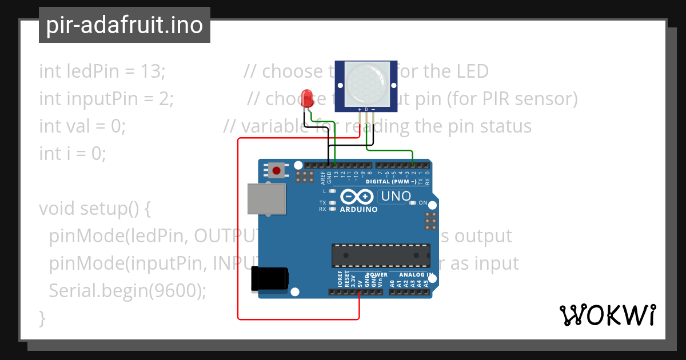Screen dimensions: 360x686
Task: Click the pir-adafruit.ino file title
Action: [124, 25]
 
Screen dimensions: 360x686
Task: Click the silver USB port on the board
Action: [266, 199]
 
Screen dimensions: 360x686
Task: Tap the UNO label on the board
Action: [396, 197]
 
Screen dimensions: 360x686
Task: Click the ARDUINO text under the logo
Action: [358, 210]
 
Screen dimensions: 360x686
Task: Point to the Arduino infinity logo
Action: [356, 197]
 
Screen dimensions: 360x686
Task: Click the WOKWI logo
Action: [608, 315]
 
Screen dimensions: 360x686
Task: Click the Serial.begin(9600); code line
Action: [127, 291]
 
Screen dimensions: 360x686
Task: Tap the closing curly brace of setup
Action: [42, 318]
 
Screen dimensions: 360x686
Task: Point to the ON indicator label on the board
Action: [423, 203]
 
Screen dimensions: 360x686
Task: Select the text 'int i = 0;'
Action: [73, 154]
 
